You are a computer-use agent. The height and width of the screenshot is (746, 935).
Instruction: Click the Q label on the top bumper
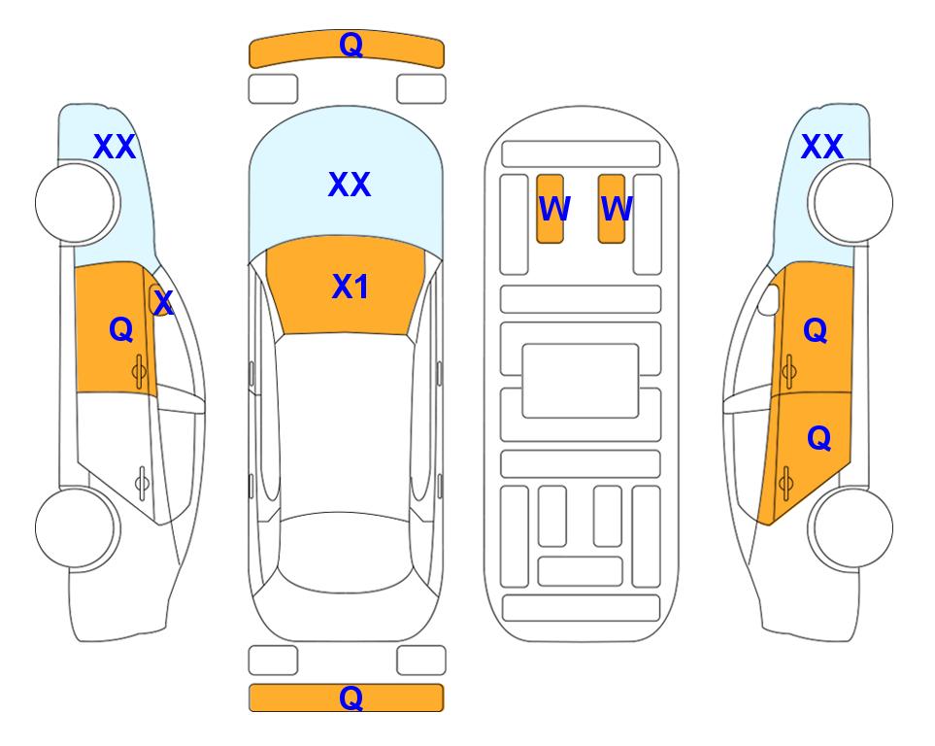click(x=351, y=45)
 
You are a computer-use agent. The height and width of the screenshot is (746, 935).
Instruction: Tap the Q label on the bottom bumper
click(x=351, y=697)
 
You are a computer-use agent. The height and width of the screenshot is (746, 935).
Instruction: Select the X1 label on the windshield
click(x=351, y=287)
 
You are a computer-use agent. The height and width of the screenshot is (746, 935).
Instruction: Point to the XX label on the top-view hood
click(x=350, y=185)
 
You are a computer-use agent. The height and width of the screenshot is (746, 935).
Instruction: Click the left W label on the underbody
click(x=554, y=209)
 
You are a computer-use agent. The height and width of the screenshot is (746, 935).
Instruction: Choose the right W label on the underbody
click(x=617, y=209)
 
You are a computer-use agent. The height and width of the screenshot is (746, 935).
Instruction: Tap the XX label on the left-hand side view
click(x=115, y=147)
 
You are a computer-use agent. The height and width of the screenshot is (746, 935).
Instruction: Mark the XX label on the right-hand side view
click(x=822, y=147)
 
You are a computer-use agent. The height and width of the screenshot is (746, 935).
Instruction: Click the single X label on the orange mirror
click(x=163, y=303)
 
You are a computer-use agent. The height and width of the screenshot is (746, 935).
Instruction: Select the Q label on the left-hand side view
click(x=121, y=329)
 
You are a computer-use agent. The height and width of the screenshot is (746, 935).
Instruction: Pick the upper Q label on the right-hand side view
click(x=816, y=330)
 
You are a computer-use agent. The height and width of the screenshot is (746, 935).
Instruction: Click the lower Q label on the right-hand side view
click(x=818, y=439)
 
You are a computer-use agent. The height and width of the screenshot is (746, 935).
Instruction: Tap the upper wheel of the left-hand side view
click(x=78, y=203)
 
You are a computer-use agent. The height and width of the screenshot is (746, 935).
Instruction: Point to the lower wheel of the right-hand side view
click(x=851, y=527)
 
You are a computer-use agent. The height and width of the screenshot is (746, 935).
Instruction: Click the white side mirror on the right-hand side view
click(x=768, y=299)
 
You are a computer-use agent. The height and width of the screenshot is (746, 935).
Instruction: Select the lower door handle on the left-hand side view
click(x=142, y=482)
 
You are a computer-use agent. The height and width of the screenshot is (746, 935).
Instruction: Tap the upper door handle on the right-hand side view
click(x=788, y=371)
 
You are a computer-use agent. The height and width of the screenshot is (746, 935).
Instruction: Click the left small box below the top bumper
click(x=273, y=89)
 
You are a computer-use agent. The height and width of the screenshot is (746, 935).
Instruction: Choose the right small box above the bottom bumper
click(x=421, y=661)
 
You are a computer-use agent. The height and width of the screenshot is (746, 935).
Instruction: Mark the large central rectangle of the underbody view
click(x=581, y=381)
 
